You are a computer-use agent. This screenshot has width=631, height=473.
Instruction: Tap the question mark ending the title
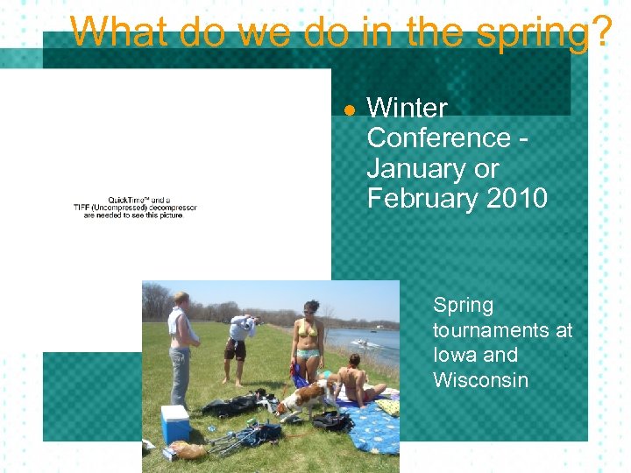pyautogui.click(x=601, y=33)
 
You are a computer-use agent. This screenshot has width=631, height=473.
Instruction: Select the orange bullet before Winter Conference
pyautogui.click(x=348, y=110)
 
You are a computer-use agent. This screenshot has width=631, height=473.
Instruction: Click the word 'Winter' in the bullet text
pyautogui.click(x=407, y=109)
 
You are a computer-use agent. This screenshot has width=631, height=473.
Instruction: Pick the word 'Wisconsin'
pyautogui.click(x=480, y=380)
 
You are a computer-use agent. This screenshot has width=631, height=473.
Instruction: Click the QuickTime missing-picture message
pyautogui.click(x=135, y=207)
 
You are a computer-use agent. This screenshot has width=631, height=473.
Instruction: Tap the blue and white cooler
pyautogui.click(x=174, y=424)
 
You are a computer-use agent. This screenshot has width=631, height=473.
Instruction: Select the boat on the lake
pyautogui.click(x=361, y=342)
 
